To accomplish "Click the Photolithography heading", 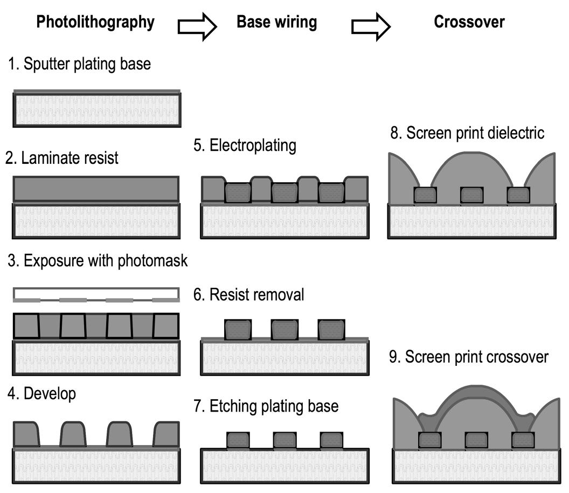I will [95, 22].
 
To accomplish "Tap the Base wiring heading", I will [277, 22].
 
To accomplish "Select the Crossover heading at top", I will [469, 22].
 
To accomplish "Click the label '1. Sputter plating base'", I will [79, 65].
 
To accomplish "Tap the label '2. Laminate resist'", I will [62, 158].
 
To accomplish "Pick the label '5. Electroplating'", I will [245, 145].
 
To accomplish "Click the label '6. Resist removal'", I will [249, 295].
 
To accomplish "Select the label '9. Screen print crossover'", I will [469, 357].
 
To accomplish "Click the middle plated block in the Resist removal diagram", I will [284, 330].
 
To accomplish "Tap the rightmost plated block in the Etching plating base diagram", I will [331, 440].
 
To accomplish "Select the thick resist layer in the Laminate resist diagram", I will [95, 189].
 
